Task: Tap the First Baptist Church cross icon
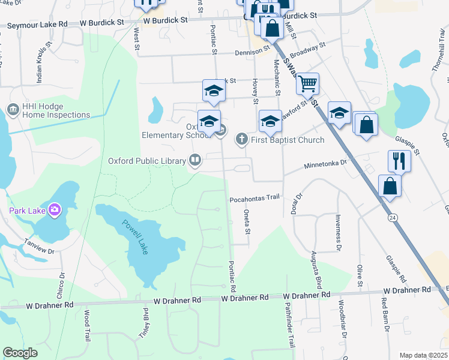(242, 140)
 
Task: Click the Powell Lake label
(135, 237)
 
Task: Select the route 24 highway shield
(391, 216)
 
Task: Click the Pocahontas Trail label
(255, 197)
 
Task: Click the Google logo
(20, 353)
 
